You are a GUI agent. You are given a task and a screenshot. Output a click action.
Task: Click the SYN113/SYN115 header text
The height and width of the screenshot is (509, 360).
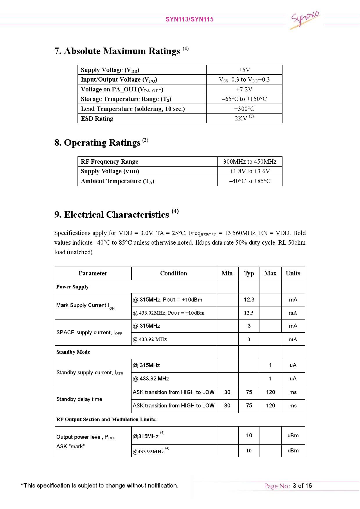point(189,19)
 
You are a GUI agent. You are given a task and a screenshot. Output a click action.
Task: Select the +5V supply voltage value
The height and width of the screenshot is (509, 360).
point(244,70)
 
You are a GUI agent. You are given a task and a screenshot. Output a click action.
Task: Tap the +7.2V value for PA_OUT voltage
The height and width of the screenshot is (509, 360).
point(244,89)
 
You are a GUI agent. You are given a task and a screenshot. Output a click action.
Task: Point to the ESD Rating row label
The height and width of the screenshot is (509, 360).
point(97,119)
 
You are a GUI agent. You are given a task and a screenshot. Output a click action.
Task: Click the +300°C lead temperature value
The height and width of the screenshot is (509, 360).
point(244,109)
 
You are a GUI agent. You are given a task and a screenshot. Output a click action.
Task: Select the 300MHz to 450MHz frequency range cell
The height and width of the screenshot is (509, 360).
point(250,162)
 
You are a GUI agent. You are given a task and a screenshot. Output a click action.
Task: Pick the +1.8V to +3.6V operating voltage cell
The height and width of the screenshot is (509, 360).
point(250,171)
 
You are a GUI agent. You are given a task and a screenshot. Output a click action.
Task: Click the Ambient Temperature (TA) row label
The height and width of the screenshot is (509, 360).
point(117,181)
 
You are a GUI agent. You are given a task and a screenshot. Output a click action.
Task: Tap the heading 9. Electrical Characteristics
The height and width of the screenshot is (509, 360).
point(116,214)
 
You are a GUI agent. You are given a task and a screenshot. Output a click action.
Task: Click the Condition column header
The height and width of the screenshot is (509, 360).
point(173,273)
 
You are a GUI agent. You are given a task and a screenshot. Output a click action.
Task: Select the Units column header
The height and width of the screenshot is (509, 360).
point(293,273)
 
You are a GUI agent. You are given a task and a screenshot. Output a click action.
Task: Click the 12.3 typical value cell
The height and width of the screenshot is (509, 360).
point(249,300)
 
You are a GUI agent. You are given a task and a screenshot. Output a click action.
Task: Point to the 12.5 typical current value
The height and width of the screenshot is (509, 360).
point(249,313)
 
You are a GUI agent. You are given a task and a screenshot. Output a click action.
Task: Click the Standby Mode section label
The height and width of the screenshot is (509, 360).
point(73,352)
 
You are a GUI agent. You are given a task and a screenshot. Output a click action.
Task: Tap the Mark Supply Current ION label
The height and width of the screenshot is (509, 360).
point(85,306)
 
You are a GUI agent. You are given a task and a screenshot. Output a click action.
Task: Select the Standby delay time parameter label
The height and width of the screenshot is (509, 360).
point(79,399)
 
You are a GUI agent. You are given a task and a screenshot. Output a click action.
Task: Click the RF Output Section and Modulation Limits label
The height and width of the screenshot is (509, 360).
point(106,419)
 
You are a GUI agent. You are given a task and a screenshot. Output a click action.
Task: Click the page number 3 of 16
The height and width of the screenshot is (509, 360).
point(302,486)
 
